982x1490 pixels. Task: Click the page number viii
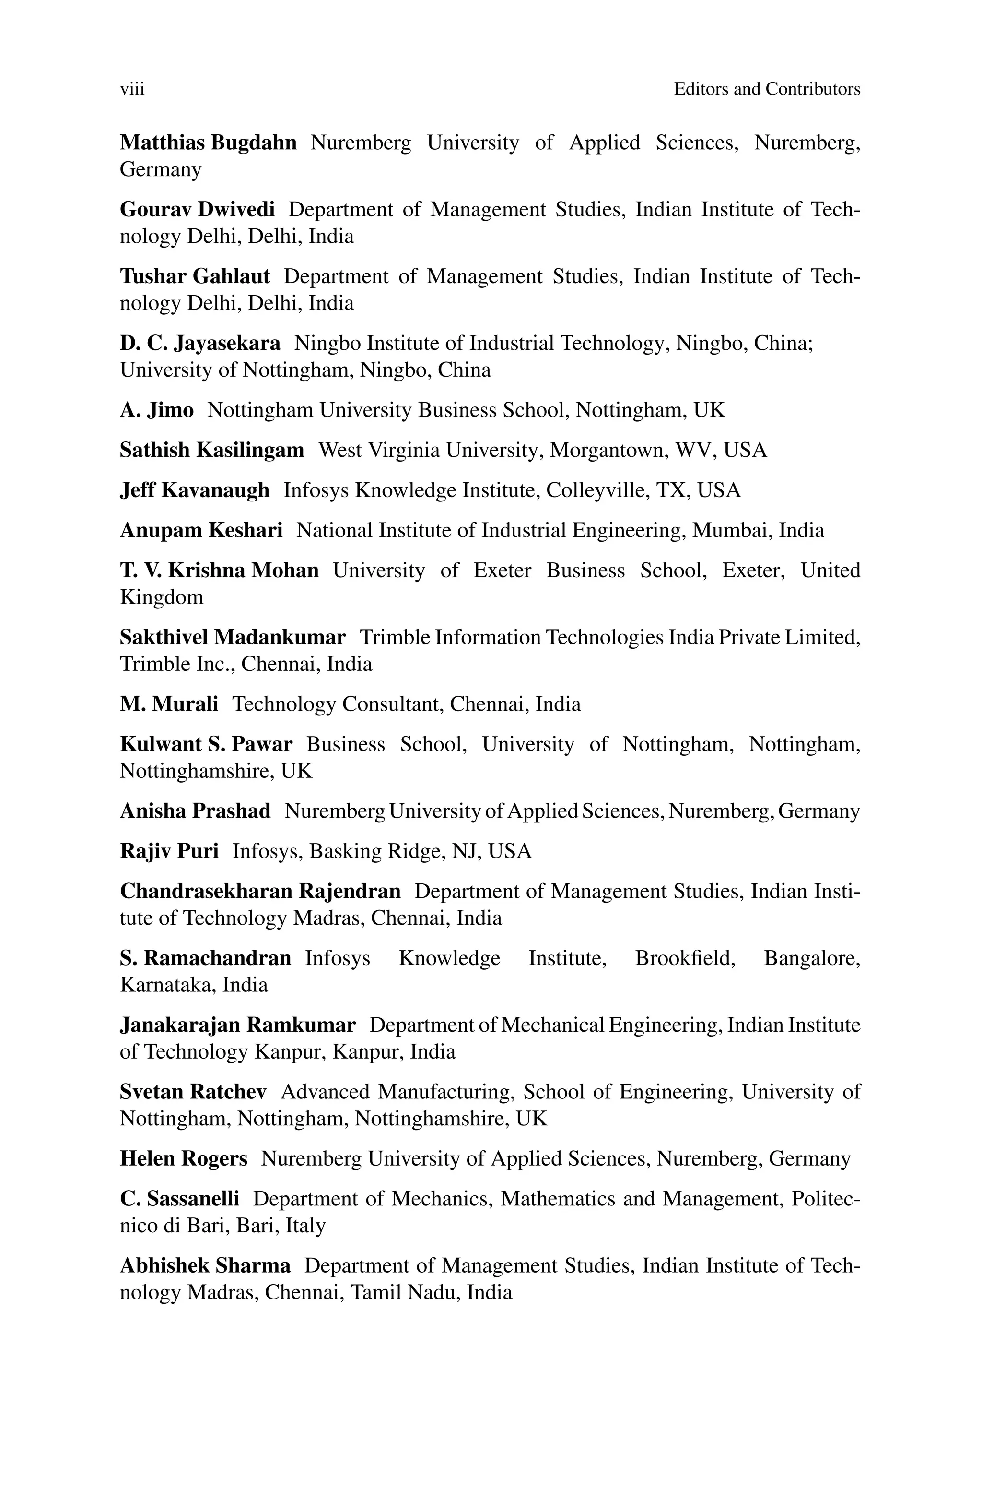tap(132, 90)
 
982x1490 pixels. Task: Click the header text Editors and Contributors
tap(767, 90)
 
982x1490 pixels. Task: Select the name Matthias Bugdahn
tap(208, 143)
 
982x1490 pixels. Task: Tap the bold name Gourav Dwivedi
tap(197, 209)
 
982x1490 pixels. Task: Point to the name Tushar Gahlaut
tap(195, 276)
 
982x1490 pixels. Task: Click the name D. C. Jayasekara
tap(200, 344)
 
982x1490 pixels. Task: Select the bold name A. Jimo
tap(157, 410)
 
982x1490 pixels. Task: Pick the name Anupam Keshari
tap(201, 531)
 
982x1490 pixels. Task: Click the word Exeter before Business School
tap(503, 571)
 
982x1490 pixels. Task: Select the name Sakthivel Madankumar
tap(233, 637)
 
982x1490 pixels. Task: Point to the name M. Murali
tap(169, 704)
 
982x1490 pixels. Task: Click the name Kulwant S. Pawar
tap(206, 744)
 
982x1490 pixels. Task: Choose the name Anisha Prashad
tap(196, 811)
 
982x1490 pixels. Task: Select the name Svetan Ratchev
tap(193, 1092)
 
